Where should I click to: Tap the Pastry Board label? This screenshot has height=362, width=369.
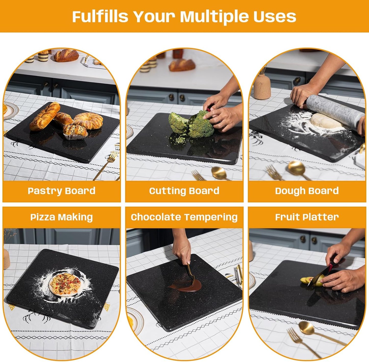tap(62, 191)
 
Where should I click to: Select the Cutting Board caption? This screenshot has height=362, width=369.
tap(184, 191)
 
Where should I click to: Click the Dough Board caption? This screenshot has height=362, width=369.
tap(307, 191)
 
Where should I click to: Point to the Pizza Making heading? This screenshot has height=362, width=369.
tap(62, 217)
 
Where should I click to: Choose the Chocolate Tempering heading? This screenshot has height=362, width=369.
tap(184, 217)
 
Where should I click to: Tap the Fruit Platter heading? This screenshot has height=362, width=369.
tap(307, 217)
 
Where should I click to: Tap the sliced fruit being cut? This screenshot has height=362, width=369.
tap(306, 280)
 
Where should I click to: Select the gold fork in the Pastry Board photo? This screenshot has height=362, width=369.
tap(107, 163)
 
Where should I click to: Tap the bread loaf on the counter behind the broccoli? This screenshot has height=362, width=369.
tap(182, 65)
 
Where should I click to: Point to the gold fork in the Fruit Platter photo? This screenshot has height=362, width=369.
tap(301, 342)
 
